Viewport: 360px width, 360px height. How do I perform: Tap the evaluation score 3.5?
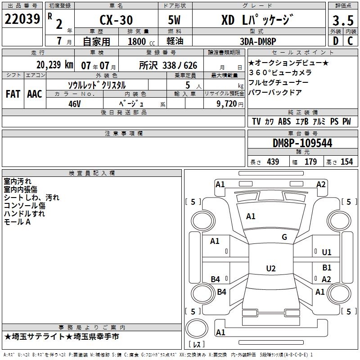[342, 21]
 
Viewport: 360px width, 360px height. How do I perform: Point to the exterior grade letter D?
[335, 41]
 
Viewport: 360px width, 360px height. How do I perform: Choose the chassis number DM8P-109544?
[302, 143]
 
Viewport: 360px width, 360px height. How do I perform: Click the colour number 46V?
[75, 103]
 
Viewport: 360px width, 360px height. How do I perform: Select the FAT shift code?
[13, 94]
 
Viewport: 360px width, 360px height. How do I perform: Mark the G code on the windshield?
[284, 237]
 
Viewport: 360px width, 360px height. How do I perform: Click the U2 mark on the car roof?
[270, 268]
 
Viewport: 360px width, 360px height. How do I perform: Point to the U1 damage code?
[327, 252]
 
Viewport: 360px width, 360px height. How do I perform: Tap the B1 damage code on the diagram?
[327, 268]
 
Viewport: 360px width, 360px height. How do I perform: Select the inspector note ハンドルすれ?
[24, 214]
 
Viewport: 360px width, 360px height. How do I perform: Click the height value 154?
[346, 162]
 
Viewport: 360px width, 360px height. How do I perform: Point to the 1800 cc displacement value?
[137, 41]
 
